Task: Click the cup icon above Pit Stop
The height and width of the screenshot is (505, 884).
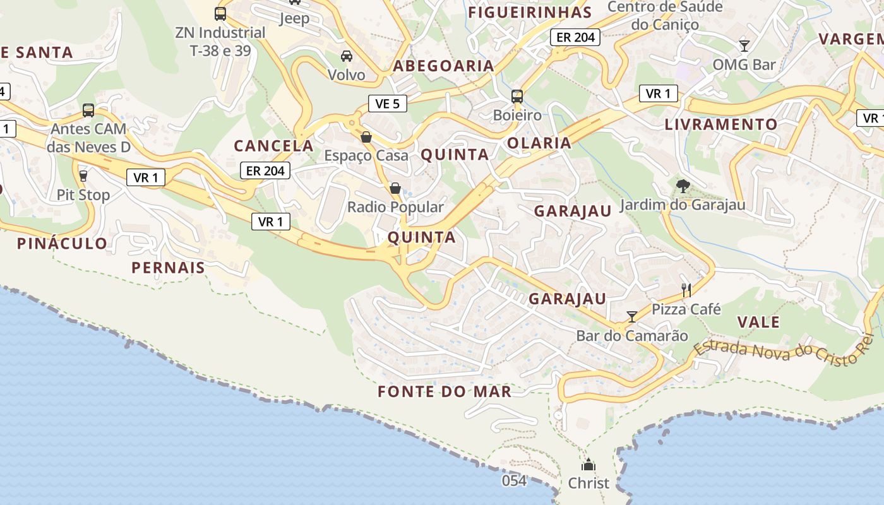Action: (83, 175)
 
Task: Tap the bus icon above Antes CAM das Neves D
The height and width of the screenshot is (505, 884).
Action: (88, 110)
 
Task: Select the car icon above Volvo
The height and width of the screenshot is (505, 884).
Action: (347, 56)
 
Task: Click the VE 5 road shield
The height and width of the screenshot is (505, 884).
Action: (388, 104)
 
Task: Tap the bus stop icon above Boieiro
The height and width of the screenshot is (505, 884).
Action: (517, 97)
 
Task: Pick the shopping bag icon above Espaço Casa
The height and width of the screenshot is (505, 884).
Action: (366, 137)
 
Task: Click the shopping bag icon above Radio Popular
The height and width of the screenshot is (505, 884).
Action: (395, 188)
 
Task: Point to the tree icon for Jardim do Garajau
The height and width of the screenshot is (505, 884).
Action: (683, 186)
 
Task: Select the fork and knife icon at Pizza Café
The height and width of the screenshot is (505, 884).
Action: (686, 290)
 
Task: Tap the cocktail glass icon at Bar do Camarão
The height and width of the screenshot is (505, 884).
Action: (632, 316)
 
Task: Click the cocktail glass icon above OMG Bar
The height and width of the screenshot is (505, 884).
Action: (744, 45)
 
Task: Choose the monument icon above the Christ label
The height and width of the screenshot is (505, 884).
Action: (588, 465)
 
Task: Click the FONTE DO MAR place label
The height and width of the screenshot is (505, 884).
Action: (445, 392)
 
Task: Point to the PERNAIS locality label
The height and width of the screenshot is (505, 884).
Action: (169, 268)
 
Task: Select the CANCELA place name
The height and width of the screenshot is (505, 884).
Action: (273, 146)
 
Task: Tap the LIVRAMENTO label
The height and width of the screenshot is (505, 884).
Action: (720, 124)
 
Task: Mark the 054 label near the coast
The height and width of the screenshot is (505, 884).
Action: (514, 481)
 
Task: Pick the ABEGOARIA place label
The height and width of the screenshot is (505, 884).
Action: (443, 66)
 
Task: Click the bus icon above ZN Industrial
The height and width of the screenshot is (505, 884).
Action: (220, 13)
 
